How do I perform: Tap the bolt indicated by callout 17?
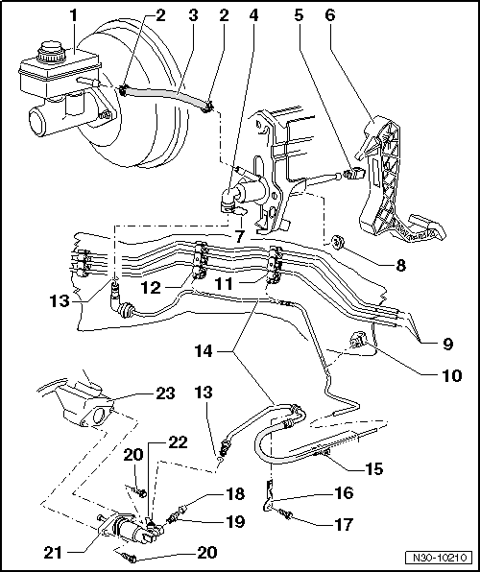pyautogui.click(x=286, y=516)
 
